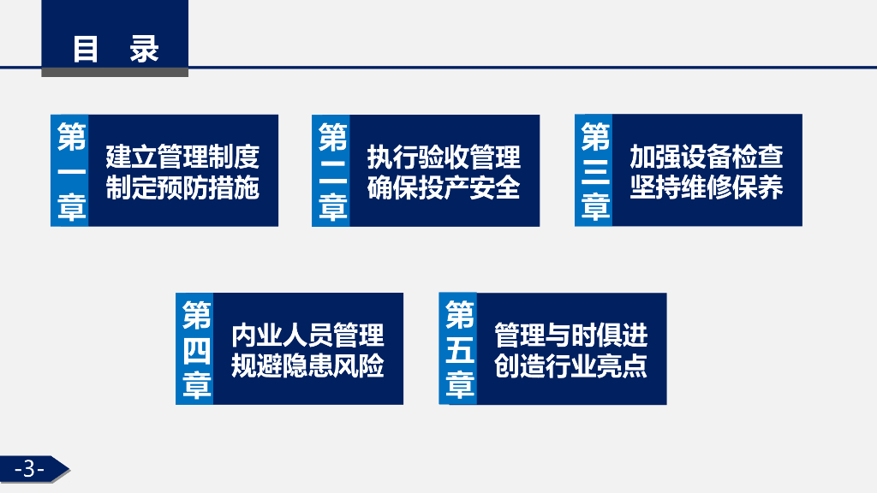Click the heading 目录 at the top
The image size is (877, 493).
(x=115, y=48)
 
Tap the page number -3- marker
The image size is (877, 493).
(x=30, y=468)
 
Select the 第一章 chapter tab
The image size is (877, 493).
(x=71, y=171)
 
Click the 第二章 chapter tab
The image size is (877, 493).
(x=332, y=171)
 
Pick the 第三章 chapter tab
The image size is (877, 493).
(x=594, y=171)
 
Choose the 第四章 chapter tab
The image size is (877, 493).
(x=196, y=349)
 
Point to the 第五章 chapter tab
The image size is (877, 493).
(x=459, y=349)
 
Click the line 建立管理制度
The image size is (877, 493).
(x=182, y=157)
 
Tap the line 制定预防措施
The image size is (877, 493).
(x=182, y=187)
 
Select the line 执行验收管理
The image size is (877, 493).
(x=444, y=157)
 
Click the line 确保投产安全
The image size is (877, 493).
(x=444, y=187)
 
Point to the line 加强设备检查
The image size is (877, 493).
(x=707, y=157)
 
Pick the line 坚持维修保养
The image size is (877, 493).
(x=707, y=187)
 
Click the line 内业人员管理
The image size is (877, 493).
(x=307, y=335)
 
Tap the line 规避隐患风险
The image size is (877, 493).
(x=307, y=365)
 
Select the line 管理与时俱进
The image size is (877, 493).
(x=571, y=335)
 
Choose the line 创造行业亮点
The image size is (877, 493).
(x=571, y=365)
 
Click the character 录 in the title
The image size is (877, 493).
(x=145, y=48)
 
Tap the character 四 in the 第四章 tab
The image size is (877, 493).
(x=196, y=351)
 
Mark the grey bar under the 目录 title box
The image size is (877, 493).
(x=115, y=73)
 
